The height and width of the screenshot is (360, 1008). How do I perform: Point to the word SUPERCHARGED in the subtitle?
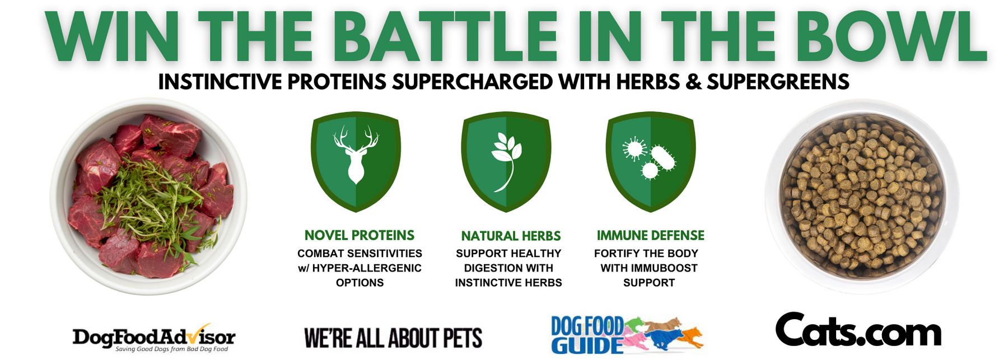[x=472, y=82]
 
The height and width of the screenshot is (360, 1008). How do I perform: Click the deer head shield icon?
[x=356, y=161]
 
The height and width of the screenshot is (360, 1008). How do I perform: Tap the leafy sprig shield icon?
[x=506, y=161]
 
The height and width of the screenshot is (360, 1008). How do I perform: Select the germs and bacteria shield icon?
[x=651, y=161]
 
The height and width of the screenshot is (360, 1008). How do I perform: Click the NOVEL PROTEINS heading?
[x=360, y=236]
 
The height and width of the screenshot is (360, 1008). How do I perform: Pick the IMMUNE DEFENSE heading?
[x=650, y=236]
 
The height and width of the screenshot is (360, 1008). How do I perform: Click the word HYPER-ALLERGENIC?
[x=367, y=268]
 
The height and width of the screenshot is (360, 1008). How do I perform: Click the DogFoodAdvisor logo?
[x=154, y=338]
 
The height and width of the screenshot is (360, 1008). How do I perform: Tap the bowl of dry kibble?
[x=862, y=196]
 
